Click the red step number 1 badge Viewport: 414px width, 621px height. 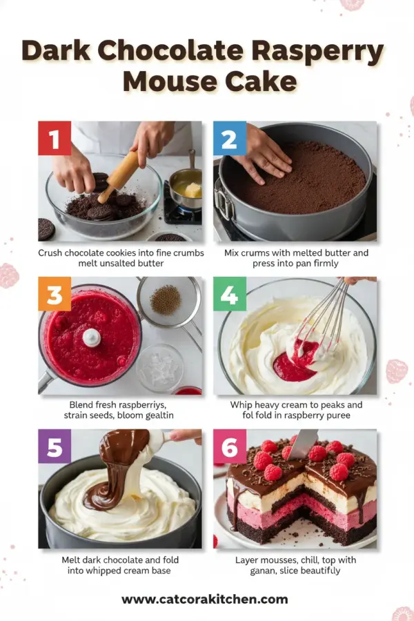[55, 138]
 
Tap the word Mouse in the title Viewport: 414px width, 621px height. [164, 81]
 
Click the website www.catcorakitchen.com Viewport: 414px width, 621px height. [205, 599]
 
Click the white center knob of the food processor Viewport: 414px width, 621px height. [91, 337]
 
